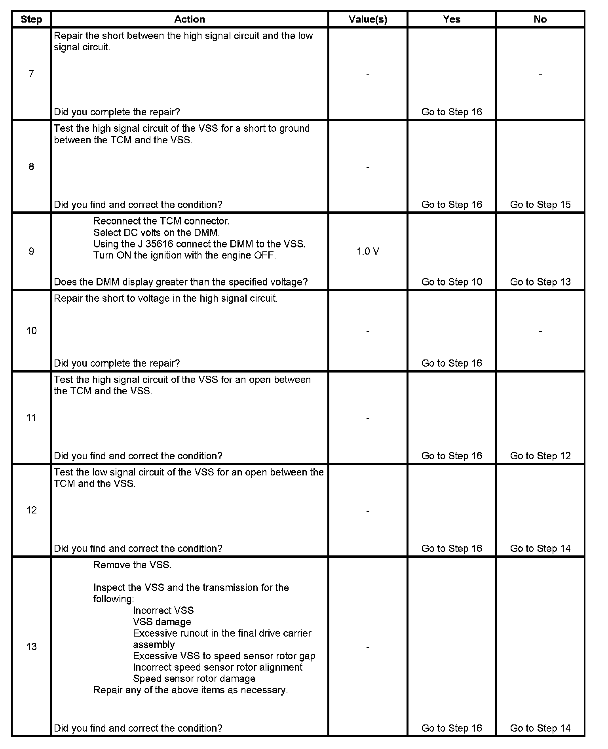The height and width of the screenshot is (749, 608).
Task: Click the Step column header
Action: (31, 19)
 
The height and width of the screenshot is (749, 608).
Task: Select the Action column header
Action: (190, 19)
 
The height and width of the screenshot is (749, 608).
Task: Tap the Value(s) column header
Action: (368, 19)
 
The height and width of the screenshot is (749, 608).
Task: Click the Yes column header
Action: (452, 19)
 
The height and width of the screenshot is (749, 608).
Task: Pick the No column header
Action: (540, 19)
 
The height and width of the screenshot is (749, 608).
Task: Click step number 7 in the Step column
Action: (31, 74)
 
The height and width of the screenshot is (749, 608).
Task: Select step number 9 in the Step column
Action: (31, 251)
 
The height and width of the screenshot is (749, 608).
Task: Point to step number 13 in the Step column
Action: (31, 646)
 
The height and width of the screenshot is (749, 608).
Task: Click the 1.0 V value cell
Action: (368, 251)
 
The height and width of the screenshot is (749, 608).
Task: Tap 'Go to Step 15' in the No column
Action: (540, 205)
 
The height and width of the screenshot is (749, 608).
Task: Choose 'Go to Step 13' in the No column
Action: (540, 282)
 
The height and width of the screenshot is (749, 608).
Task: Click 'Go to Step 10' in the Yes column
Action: (452, 282)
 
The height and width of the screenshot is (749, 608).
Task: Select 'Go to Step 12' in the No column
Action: (540, 456)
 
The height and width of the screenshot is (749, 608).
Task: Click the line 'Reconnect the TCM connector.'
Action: (161, 221)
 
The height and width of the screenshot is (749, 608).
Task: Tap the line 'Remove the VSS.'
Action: (132, 565)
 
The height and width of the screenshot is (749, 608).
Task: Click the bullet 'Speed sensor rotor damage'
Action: (194, 679)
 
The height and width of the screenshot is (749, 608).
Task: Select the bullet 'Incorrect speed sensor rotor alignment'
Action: (218, 667)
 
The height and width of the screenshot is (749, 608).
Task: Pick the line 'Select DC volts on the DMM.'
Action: (156, 232)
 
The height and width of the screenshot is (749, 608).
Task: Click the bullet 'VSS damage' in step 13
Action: (162, 622)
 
